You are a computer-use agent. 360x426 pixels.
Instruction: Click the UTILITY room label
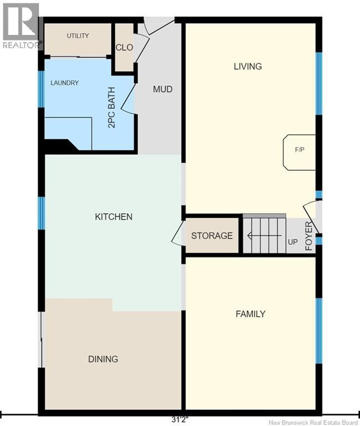point(78,35)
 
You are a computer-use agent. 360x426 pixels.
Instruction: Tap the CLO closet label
point(124,48)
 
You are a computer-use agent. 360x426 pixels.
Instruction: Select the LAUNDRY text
point(65,83)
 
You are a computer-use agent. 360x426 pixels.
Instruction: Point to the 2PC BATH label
point(111,107)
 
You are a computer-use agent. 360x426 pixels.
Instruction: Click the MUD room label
point(163,89)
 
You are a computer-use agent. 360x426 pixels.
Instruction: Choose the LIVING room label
point(248,67)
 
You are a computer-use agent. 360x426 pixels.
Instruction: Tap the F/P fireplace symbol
point(300,152)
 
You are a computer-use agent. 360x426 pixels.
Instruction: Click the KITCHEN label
point(114,216)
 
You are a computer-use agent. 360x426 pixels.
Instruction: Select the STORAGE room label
point(212,236)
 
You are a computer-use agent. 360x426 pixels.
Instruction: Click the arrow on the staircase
point(264,236)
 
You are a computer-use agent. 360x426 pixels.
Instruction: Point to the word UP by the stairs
point(293,242)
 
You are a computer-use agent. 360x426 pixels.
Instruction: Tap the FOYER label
point(309,236)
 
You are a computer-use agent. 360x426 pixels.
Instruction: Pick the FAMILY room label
point(251,314)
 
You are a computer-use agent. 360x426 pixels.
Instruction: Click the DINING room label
point(103,359)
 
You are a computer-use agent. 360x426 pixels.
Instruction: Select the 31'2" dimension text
point(180,420)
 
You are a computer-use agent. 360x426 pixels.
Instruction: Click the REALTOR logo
point(21,26)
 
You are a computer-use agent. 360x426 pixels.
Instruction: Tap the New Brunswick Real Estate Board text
point(313,423)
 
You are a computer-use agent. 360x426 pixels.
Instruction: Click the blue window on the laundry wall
point(41,89)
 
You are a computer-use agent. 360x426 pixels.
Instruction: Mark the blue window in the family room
point(319,331)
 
